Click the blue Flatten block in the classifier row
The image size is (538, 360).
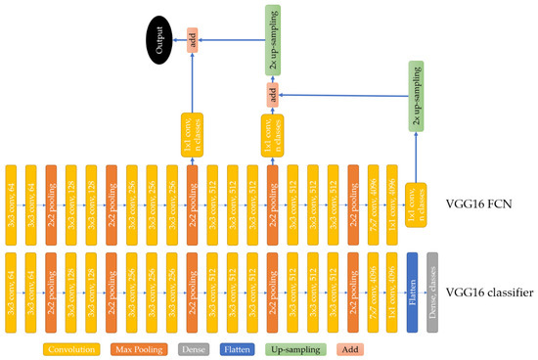pos(413,290)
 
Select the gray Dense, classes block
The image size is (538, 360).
pos(432,290)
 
